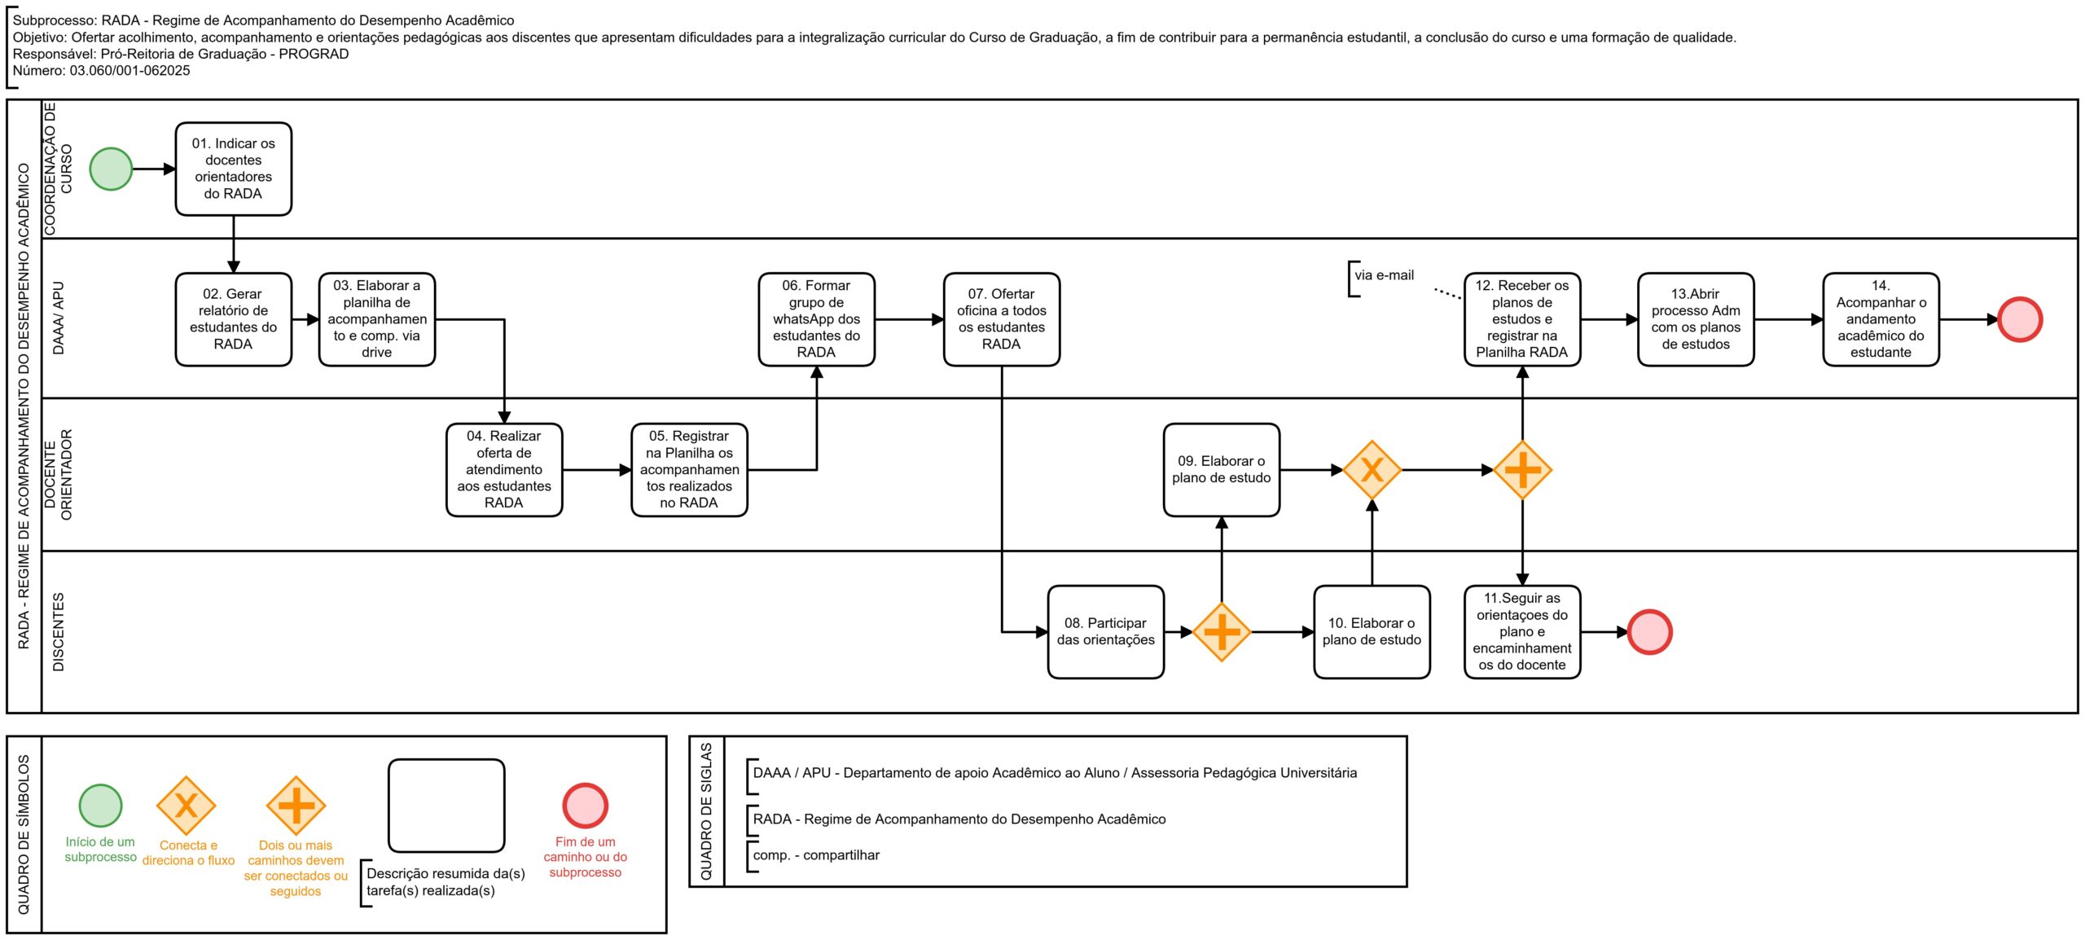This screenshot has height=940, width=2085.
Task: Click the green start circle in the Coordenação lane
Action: (x=111, y=169)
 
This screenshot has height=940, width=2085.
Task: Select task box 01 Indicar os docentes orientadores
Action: (x=234, y=169)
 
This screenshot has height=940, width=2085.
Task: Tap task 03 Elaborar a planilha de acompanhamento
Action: (x=377, y=319)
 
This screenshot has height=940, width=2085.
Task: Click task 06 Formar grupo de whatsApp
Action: (x=816, y=319)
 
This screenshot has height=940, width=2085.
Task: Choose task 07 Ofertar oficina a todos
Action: (x=1002, y=319)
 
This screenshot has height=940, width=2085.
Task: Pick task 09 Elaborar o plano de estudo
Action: (x=1222, y=470)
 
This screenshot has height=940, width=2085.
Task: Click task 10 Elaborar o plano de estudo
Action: (x=1372, y=632)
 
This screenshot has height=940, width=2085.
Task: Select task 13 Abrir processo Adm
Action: (x=1696, y=319)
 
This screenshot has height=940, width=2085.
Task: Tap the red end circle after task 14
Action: (x=2020, y=319)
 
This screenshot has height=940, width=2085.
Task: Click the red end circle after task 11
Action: (x=1650, y=632)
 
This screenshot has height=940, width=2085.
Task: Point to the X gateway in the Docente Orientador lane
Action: (x=1372, y=470)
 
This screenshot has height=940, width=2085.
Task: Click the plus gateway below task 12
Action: (x=1522, y=470)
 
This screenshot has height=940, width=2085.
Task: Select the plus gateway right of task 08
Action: (x=1222, y=632)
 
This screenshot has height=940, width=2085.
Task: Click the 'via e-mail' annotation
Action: (x=1384, y=275)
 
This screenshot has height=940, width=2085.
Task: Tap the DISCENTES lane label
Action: (x=59, y=632)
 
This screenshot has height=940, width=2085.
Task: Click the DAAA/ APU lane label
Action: (x=59, y=318)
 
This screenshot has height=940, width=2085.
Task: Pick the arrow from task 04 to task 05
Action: (x=597, y=470)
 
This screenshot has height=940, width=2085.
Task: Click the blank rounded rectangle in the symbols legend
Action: (x=446, y=806)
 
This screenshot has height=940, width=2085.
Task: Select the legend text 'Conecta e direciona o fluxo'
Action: (x=188, y=853)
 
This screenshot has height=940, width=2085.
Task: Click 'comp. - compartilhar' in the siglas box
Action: (x=816, y=855)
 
